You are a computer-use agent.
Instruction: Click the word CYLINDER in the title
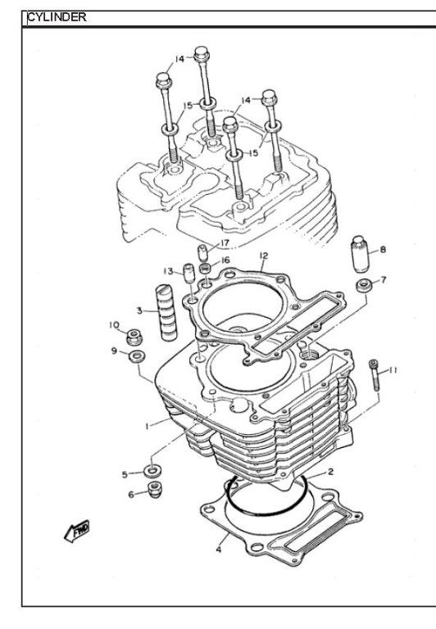[x=57, y=17]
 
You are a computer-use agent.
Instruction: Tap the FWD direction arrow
[x=77, y=531]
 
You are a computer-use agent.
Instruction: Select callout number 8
[x=383, y=250]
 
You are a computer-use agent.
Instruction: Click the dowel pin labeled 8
[x=360, y=254]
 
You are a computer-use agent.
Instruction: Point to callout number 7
[x=384, y=279]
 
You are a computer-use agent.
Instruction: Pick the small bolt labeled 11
[x=375, y=374]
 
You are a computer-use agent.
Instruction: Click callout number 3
[x=139, y=310]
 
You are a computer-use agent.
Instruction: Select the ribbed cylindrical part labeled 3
[x=168, y=312]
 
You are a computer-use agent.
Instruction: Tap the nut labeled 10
[x=134, y=337]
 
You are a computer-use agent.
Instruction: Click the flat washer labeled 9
[x=137, y=355]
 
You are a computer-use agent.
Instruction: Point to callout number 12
[x=263, y=256]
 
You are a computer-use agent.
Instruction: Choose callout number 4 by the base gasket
[x=218, y=550]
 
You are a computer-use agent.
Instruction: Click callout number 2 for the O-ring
[x=330, y=472]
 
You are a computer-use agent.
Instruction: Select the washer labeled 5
[x=152, y=471]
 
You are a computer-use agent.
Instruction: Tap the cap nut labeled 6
[x=155, y=490]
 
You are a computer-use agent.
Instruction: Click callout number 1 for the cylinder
[x=148, y=426]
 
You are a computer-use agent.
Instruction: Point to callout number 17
[x=224, y=243]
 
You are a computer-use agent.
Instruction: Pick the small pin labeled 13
[x=188, y=274]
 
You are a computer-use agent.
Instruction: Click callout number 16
[x=225, y=260]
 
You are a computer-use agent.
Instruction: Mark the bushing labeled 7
[x=363, y=286]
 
